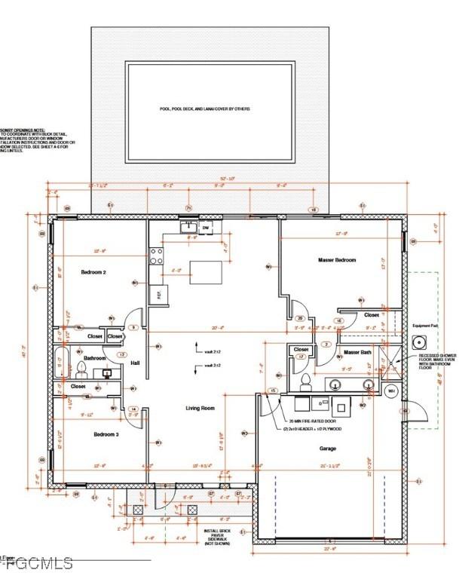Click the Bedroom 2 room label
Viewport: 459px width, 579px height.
[93, 273]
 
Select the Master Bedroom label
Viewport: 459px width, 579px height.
[336, 260]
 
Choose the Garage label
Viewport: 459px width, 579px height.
[328, 449]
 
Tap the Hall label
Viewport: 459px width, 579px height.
[135, 363]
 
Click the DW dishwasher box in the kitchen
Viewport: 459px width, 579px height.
[205, 227]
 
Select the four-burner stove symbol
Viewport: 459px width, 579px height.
[158, 256]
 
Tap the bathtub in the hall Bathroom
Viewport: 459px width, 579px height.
[61, 364]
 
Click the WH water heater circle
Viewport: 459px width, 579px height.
[390, 391]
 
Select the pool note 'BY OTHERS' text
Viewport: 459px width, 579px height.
[210, 109]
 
